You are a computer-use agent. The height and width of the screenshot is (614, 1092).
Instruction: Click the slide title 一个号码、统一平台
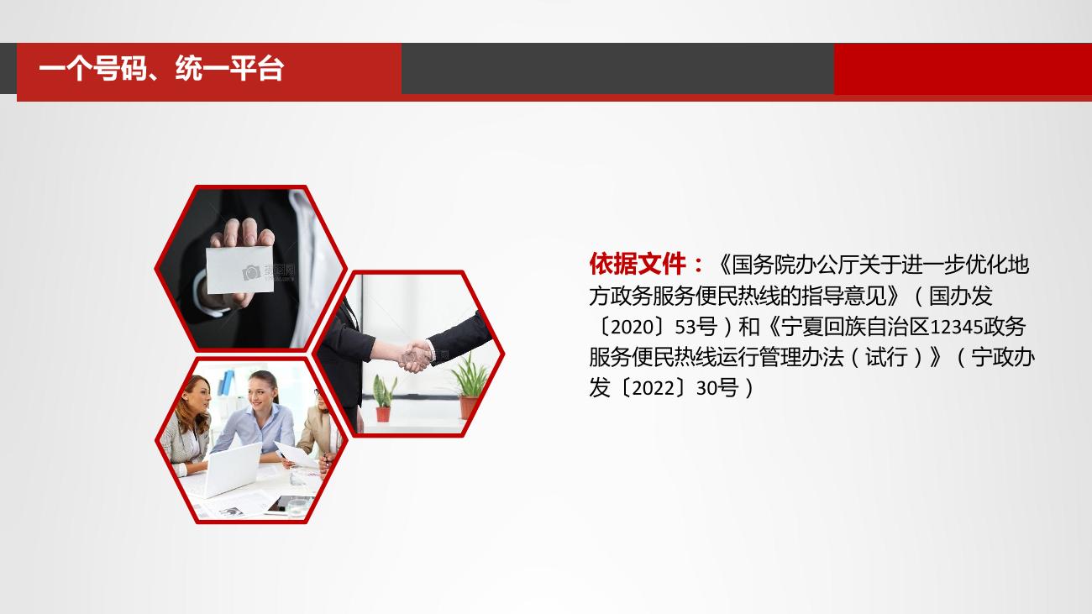click(x=161, y=68)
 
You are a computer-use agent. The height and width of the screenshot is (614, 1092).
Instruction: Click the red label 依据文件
click(x=638, y=264)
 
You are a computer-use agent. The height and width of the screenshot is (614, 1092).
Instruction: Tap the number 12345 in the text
click(x=956, y=327)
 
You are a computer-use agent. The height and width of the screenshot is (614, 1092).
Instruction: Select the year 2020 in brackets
click(x=632, y=327)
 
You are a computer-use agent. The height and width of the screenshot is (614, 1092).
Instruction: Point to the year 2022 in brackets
click(x=653, y=388)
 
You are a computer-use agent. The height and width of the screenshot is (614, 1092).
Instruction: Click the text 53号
click(x=696, y=327)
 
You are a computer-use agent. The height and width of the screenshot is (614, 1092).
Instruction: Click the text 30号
click(x=717, y=388)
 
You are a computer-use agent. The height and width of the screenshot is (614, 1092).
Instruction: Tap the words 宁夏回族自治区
click(x=855, y=327)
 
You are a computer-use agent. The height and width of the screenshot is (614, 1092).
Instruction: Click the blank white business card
click(x=240, y=270)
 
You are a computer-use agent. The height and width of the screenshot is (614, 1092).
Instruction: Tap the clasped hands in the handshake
click(x=416, y=356)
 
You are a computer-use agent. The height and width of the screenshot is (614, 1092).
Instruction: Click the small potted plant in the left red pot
click(x=384, y=397)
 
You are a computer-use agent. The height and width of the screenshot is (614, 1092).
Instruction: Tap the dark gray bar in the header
click(x=617, y=68)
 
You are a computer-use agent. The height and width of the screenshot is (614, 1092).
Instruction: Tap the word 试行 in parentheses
click(x=886, y=358)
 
